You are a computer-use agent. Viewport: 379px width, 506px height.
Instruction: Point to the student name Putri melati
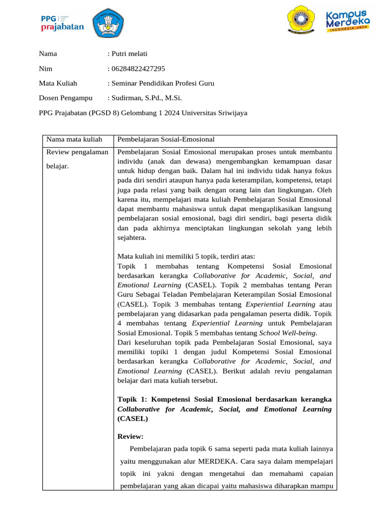(x=129, y=54)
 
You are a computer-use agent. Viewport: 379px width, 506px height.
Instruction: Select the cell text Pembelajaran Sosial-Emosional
(x=166, y=139)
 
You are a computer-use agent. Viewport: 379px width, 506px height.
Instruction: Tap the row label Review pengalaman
(x=76, y=152)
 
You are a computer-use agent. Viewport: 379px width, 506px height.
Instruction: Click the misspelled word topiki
(x=155, y=352)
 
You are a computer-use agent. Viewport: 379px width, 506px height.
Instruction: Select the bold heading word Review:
(x=131, y=436)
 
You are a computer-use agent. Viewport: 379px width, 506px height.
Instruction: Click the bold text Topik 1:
(x=133, y=399)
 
